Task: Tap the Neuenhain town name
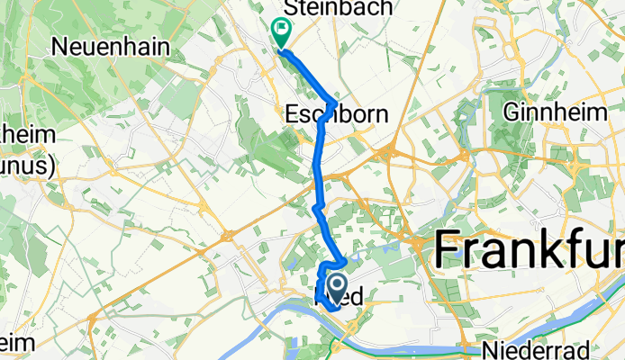click(x=113, y=45)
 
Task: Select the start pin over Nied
click(x=338, y=288)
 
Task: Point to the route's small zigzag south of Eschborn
click(x=316, y=209)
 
